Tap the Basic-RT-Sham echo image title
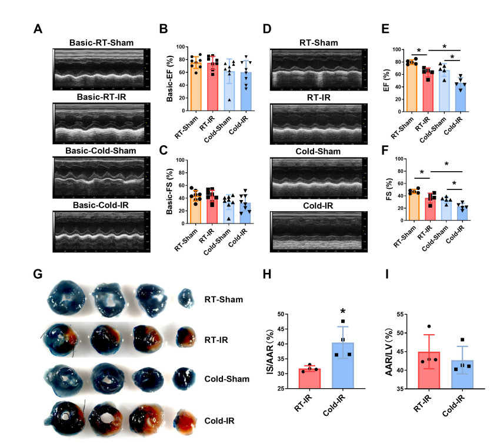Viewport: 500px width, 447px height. coord(101,43)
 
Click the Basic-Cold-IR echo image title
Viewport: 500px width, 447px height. coord(101,205)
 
